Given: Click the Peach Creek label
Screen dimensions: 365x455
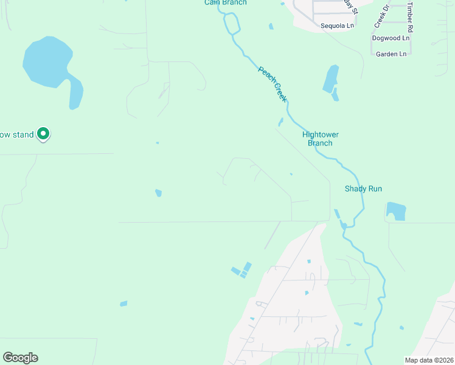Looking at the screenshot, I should coord(272,84).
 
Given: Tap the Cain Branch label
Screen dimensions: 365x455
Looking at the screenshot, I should coord(225,2).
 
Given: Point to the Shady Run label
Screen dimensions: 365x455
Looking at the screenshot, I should coord(363,189).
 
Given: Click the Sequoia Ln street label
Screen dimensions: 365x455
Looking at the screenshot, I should coord(337,26).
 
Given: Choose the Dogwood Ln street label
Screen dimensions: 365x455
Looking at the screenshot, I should coord(391,38).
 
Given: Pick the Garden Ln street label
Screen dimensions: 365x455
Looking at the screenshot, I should coord(391,54).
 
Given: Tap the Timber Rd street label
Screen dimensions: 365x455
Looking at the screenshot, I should coord(411,17).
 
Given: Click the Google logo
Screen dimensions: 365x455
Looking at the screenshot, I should coord(20,358).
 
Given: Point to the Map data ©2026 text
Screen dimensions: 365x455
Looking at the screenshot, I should coord(428,360).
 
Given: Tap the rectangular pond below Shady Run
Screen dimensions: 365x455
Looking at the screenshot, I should coord(395,210).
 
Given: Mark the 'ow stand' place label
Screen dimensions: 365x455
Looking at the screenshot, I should coord(16,134).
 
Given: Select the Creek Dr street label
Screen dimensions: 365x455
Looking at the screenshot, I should coord(381,18).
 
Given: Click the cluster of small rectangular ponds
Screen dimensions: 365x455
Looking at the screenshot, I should coord(241,269).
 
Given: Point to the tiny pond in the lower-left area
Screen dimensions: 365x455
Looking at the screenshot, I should coord(123,304).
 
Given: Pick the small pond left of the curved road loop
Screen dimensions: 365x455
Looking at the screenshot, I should coord(158,193).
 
